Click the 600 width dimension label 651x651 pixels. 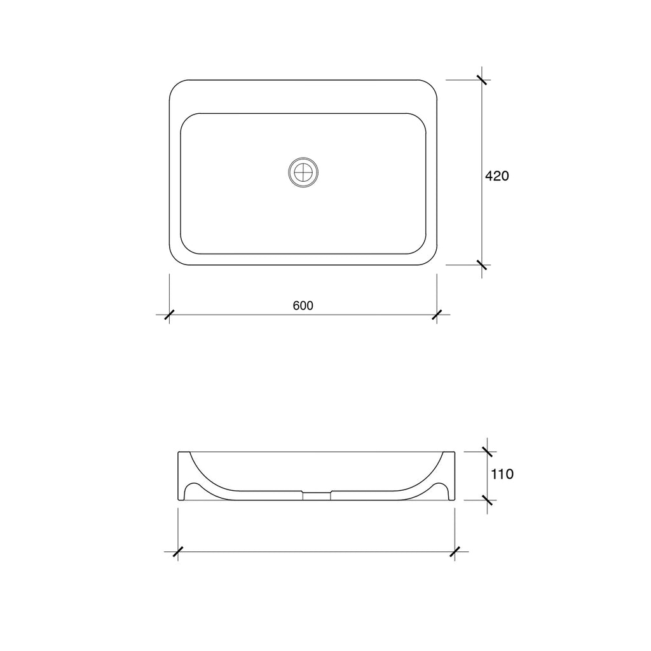(x=303, y=306)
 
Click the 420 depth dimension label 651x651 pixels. (x=497, y=176)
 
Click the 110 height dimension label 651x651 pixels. (x=502, y=474)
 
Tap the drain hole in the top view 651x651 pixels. (x=303, y=172)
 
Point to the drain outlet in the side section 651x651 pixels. (x=317, y=495)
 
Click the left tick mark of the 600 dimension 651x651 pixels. (x=169, y=315)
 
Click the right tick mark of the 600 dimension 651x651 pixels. (x=437, y=315)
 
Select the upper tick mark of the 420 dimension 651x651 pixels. (x=482, y=79)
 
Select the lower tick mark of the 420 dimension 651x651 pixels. (x=482, y=265)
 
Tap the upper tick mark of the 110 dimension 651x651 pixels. (x=487, y=452)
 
